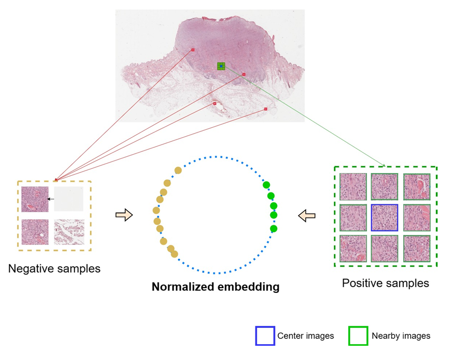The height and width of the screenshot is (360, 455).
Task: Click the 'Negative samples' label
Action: tap(54, 269)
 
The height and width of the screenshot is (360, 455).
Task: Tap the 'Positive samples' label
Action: tap(385, 283)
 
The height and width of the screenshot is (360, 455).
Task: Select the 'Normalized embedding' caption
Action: tap(215, 288)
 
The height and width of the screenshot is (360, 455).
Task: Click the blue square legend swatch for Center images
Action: tap(265, 336)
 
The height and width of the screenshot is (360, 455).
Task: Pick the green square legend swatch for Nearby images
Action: tap(358, 336)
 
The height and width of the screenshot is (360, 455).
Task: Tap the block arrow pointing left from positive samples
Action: tap(307, 215)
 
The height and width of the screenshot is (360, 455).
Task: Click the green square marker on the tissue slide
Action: tap(221, 66)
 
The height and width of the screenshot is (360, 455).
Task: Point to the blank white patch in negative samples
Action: tap(69, 199)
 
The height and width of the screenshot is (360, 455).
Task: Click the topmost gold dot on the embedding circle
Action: tap(178, 170)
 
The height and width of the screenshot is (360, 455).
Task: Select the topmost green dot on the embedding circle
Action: tap(266, 185)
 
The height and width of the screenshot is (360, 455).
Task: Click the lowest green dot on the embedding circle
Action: tap(273, 229)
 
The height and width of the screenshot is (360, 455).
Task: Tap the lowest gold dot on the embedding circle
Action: tap(174, 254)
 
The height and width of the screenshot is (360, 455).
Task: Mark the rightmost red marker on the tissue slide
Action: tap(266, 109)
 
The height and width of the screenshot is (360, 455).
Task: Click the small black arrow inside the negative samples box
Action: tap(51, 199)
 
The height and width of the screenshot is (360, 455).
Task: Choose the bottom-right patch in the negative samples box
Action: tap(69, 232)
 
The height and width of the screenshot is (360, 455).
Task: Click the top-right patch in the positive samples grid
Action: tap(417, 186)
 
